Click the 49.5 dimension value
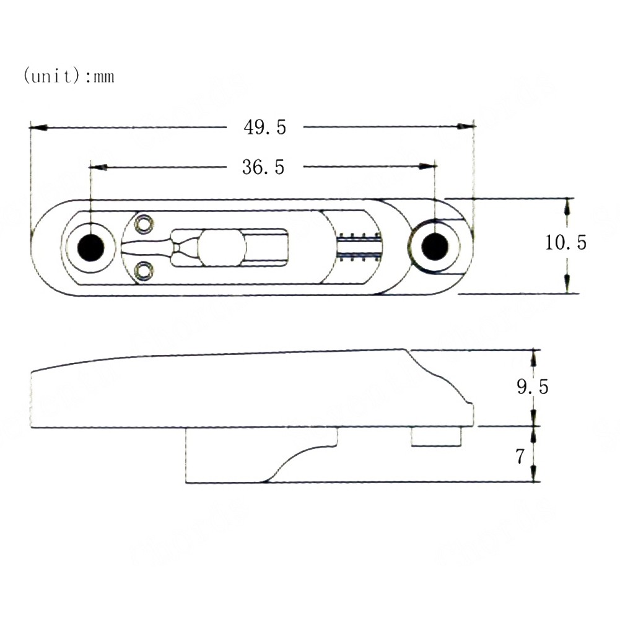pos(264,128)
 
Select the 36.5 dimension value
pos(263,167)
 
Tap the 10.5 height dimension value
pos(565,242)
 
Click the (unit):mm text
pos(69,77)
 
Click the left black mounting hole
pos(90,248)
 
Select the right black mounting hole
pos(435,247)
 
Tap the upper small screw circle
pos(144,224)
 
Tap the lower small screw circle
pos(144,271)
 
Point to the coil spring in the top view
pos(360,247)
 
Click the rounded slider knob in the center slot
pos(221,248)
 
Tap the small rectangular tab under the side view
pos(436,437)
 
